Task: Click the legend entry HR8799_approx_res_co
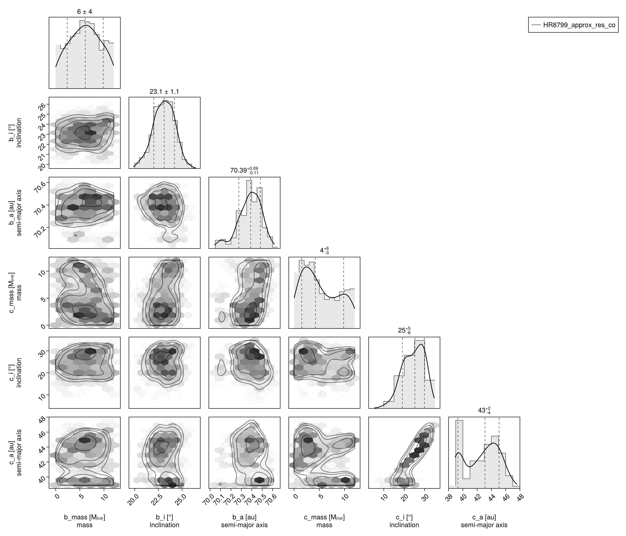579,25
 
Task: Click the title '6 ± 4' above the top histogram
85,12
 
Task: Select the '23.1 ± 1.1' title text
164,92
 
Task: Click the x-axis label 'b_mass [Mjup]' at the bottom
85,517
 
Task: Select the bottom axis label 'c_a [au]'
484,517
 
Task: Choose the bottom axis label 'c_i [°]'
404,517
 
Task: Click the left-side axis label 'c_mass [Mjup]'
12,292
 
